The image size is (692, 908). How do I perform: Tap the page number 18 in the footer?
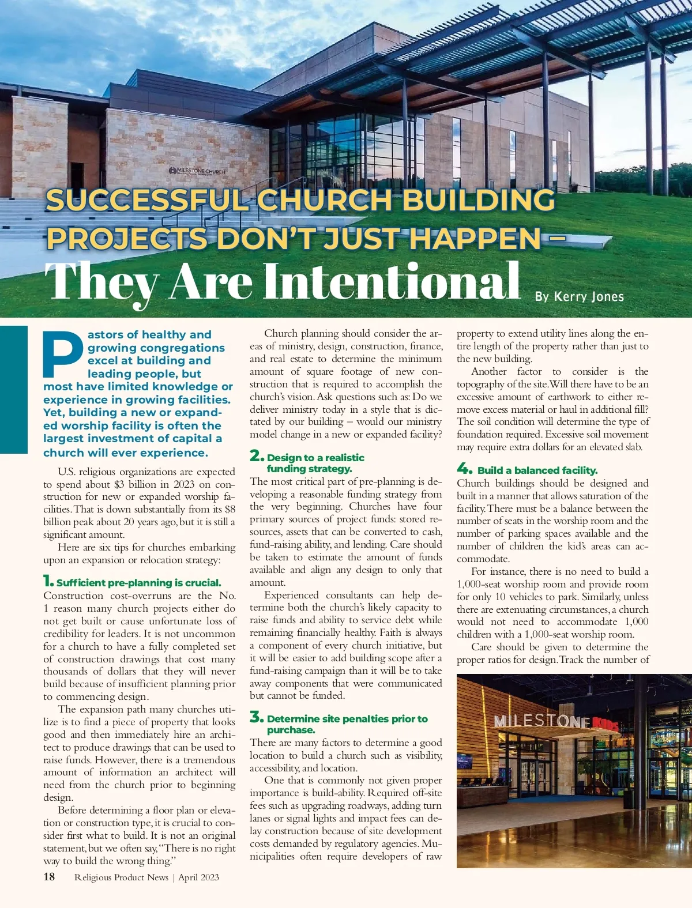(49, 877)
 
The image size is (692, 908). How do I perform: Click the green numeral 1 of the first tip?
(48, 581)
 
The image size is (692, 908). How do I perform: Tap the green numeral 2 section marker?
(257, 456)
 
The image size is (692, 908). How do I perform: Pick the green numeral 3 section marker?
(257, 717)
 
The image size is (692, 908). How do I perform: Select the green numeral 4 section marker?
(465, 468)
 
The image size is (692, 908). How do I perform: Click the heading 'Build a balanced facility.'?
(537, 470)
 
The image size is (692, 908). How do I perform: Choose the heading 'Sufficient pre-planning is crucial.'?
(139, 583)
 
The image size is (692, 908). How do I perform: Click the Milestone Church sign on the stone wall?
(197, 171)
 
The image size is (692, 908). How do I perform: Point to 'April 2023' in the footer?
(198, 877)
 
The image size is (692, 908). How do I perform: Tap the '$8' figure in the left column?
(230, 509)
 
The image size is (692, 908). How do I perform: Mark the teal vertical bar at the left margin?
(13, 389)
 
